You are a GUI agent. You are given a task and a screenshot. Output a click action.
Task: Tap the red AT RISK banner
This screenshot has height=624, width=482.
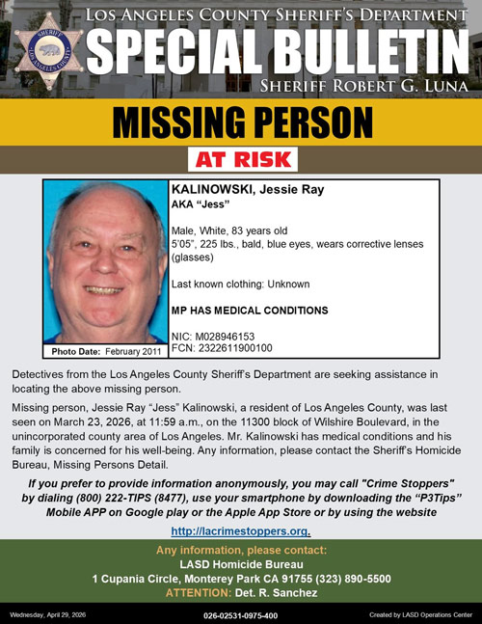pyautogui.click(x=241, y=159)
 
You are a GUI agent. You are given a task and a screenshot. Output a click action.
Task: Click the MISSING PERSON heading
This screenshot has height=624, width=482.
pyautogui.click(x=241, y=123)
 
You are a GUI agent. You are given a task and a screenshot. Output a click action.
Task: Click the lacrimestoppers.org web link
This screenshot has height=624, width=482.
pyautogui.click(x=240, y=531)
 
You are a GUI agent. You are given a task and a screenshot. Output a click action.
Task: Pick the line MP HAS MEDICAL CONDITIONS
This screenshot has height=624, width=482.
pyautogui.click(x=249, y=311)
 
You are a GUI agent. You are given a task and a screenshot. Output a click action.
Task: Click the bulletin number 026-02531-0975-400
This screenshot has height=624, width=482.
pyautogui.click(x=240, y=614)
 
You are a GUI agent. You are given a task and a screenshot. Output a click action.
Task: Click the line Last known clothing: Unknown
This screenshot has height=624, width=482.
pyautogui.click(x=240, y=285)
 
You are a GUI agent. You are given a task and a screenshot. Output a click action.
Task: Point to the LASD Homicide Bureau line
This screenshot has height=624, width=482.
pyautogui.click(x=240, y=564)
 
